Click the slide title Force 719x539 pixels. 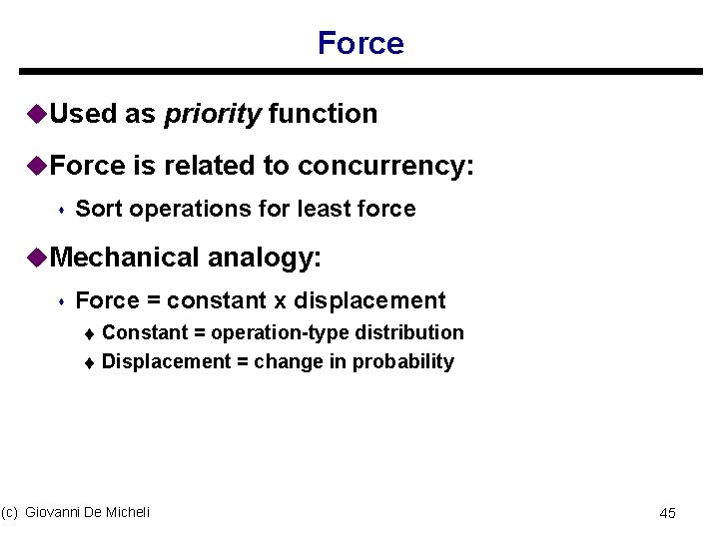[x=360, y=43]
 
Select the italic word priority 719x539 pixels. [x=212, y=114]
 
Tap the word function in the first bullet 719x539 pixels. [x=323, y=114]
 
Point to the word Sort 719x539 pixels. [x=99, y=209]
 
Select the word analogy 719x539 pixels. [x=264, y=258]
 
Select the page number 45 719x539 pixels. [x=668, y=513]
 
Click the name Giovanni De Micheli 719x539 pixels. [x=87, y=512]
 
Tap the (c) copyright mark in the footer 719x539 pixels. [x=10, y=512]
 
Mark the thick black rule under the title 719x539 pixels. [x=360, y=72]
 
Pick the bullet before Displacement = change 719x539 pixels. [x=89, y=362]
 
